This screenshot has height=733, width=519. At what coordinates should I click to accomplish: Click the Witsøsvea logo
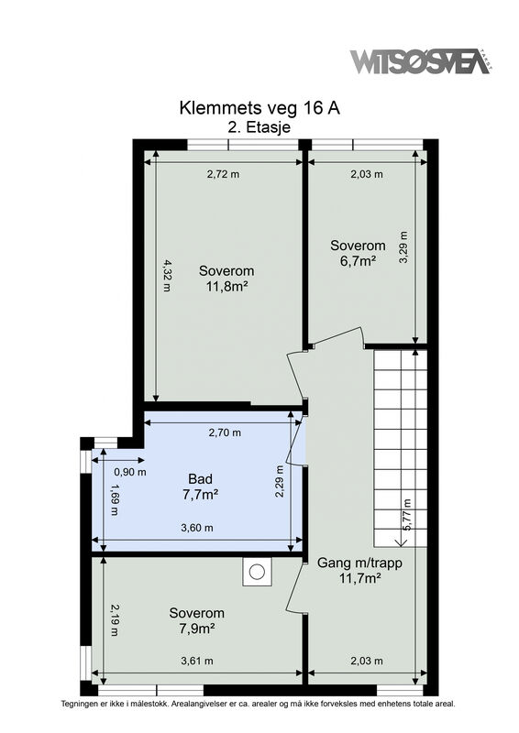(x=420, y=61)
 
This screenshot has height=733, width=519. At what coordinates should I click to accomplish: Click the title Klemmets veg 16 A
(x=259, y=108)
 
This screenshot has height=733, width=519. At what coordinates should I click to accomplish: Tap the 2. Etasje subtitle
(x=259, y=127)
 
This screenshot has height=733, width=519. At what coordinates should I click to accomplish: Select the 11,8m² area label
(x=226, y=286)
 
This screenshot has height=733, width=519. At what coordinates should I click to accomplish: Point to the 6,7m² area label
(x=358, y=261)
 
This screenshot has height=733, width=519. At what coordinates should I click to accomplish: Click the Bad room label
(x=200, y=478)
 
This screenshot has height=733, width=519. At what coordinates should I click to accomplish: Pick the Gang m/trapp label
(x=359, y=563)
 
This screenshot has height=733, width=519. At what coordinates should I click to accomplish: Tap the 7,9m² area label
(x=196, y=629)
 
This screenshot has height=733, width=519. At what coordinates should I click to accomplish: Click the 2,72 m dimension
(x=223, y=174)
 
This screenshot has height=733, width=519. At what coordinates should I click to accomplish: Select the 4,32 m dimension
(x=167, y=276)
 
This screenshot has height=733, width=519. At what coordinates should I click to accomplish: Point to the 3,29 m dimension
(x=403, y=247)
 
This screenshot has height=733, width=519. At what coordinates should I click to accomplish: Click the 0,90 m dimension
(x=130, y=472)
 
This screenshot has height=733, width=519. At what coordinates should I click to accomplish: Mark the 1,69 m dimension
(x=114, y=499)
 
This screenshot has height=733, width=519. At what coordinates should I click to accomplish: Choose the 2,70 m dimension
(x=225, y=432)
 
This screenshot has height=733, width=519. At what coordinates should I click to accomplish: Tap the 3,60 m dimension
(x=197, y=528)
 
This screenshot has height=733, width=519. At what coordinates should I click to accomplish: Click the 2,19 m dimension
(x=114, y=620)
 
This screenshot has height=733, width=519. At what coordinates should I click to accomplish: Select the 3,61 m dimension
(x=197, y=661)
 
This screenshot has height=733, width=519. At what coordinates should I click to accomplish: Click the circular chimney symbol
(x=257, y=572)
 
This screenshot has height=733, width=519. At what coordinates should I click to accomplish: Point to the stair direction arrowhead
(x=401, y=542)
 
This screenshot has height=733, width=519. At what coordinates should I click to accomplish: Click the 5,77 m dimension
(x=407, y=515)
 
